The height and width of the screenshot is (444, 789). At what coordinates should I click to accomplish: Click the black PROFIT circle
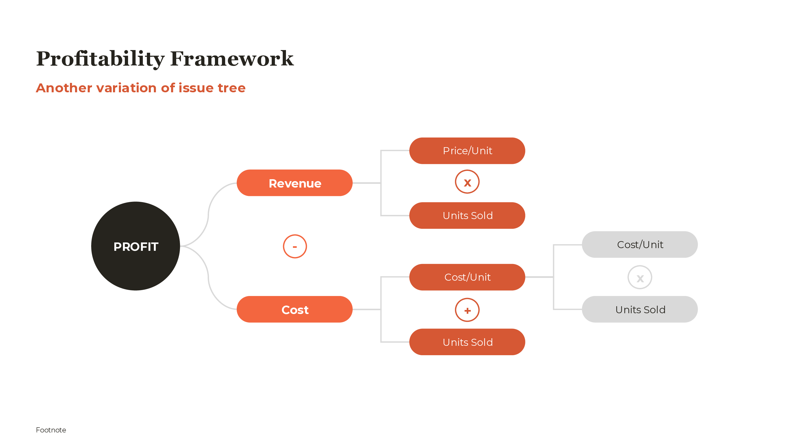(x=135, y=246)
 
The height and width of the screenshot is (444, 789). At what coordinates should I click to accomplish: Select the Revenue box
(x=294, y=183)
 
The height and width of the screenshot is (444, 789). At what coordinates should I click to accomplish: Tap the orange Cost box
(x=294, y=309)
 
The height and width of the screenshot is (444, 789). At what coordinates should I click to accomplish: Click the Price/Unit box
(x=467, y=150)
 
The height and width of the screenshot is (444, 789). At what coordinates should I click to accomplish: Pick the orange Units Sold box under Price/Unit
(x=467, y=216)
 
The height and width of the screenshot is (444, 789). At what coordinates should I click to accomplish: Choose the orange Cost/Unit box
(x=467, y=277)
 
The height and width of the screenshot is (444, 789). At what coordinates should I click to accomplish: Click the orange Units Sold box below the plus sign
(x=467, y=342)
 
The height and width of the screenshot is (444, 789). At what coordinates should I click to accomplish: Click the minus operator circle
(x=295, y=246)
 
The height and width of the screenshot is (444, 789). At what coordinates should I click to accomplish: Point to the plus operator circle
(x=467, y=310)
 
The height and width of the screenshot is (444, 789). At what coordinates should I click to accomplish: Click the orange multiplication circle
(x=467, y=182)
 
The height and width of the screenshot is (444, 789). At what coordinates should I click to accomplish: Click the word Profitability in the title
(x=100, y=59)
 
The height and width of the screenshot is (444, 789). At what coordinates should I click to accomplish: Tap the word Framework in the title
(x=232, y=59)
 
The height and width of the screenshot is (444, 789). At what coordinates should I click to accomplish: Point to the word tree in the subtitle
(x=232, y=88)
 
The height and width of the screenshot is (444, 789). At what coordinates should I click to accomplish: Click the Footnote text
(x=51, y=430)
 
